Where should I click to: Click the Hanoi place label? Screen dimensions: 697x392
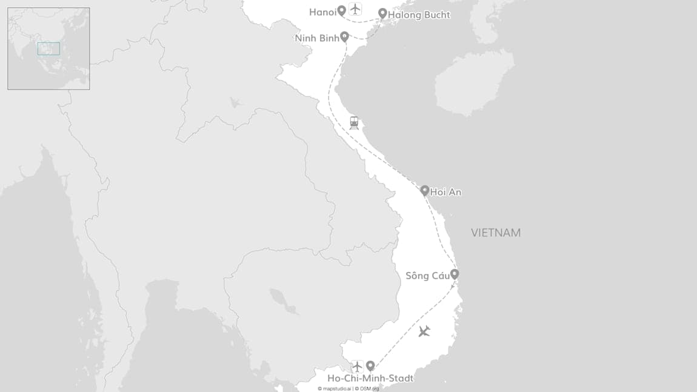322,12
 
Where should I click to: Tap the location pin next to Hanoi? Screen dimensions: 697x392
342,10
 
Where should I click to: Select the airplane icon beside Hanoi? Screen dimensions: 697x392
355,9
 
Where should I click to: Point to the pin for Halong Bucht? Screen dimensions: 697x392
382,13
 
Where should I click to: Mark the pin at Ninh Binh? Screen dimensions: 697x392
344,36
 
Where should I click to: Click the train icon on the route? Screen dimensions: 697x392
354,123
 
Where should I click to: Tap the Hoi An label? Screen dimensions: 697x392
445,192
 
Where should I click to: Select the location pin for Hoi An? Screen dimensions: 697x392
425,190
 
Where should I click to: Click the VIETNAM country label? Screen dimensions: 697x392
496,233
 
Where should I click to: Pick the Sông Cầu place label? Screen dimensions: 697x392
427,276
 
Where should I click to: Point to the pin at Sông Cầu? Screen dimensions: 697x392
455,274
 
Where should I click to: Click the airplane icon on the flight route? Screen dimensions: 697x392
424,331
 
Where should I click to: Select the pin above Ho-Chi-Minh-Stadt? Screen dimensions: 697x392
370,365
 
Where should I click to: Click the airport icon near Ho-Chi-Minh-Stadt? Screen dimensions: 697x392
357,366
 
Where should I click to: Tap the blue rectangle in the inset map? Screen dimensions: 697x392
48,48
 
